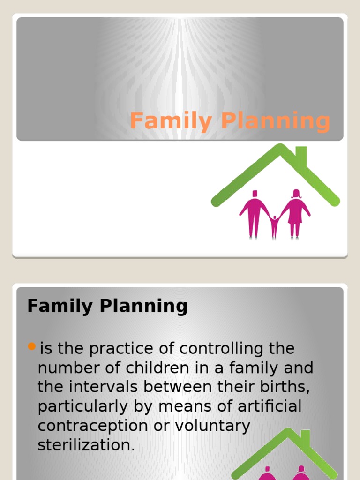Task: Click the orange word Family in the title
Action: (171, 121)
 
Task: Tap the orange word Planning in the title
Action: (276, 121)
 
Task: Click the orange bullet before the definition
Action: (32, 347)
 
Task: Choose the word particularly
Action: (82, 406)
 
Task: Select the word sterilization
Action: (86, 445)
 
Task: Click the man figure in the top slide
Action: (255, 213)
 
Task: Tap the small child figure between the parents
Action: (275, 226)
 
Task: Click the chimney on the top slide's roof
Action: (301, 156)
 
